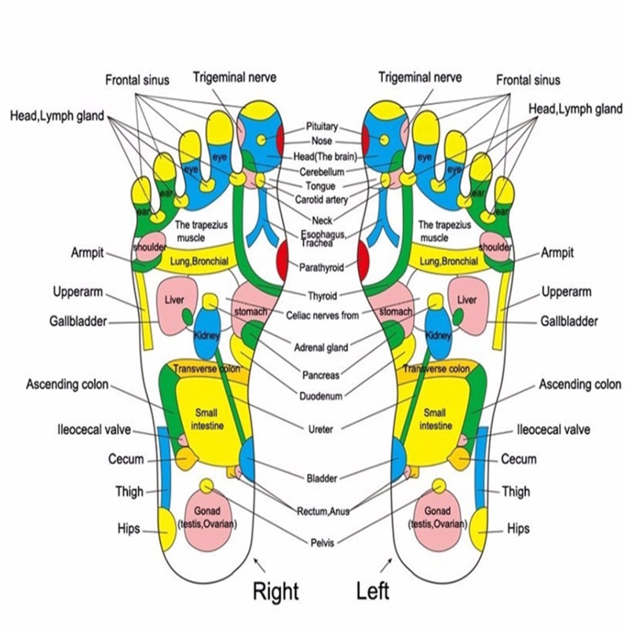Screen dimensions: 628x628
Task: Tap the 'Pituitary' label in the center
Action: tap(322, 126)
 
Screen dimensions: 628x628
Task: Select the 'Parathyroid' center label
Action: tap(322, 268)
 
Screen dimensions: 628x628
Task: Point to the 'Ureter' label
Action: tap(322, 429)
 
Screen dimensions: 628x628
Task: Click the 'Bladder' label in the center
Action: tap(322, 477)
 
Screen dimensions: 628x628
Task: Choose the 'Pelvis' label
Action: tap(322, 541)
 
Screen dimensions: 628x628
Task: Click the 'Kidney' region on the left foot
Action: tap(437, 334)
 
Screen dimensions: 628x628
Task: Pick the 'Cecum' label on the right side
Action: tap(519, 459)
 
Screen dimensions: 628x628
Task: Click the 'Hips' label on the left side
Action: tap(129, 529)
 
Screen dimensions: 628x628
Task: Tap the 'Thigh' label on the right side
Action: tap(516, 492)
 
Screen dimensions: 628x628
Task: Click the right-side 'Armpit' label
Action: tap(557, 253)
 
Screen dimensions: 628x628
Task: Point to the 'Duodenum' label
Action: tap(322, 396)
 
